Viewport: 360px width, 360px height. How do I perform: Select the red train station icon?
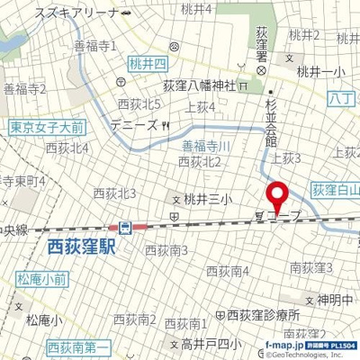(x=127, y=227)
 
